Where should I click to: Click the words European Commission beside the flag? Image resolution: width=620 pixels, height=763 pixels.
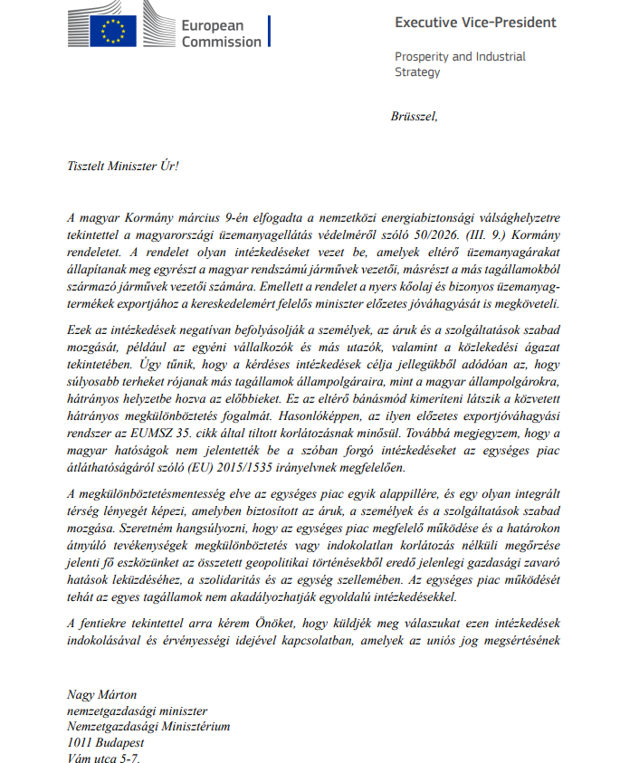pos(221,33)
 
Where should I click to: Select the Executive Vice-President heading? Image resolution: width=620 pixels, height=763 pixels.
pos(475,23)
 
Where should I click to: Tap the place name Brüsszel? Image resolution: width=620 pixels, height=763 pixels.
pos(414,116)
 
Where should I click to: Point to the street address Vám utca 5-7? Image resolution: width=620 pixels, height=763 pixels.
pos(104,758)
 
